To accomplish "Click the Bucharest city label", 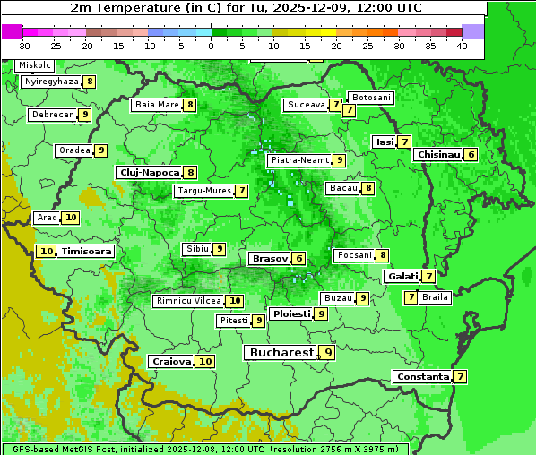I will tap(281, 353).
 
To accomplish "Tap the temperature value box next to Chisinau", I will tap(471, 154).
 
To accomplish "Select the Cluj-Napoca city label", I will tap(149, 172).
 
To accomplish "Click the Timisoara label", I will tap(87, 252).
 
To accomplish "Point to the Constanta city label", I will tap(422, 377).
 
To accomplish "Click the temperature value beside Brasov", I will tap(298, 258).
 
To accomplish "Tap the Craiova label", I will tap(171, 361).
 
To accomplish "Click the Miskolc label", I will tap(34, 65).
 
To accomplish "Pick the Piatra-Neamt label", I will tap(300, 160).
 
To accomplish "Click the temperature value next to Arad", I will tap(71, 218).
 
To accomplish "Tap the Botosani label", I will tap(371, 97).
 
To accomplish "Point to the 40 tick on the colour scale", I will tap(462, 45).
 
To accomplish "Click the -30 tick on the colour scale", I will tap(23, 45).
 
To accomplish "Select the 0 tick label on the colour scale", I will tap(211, 45).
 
